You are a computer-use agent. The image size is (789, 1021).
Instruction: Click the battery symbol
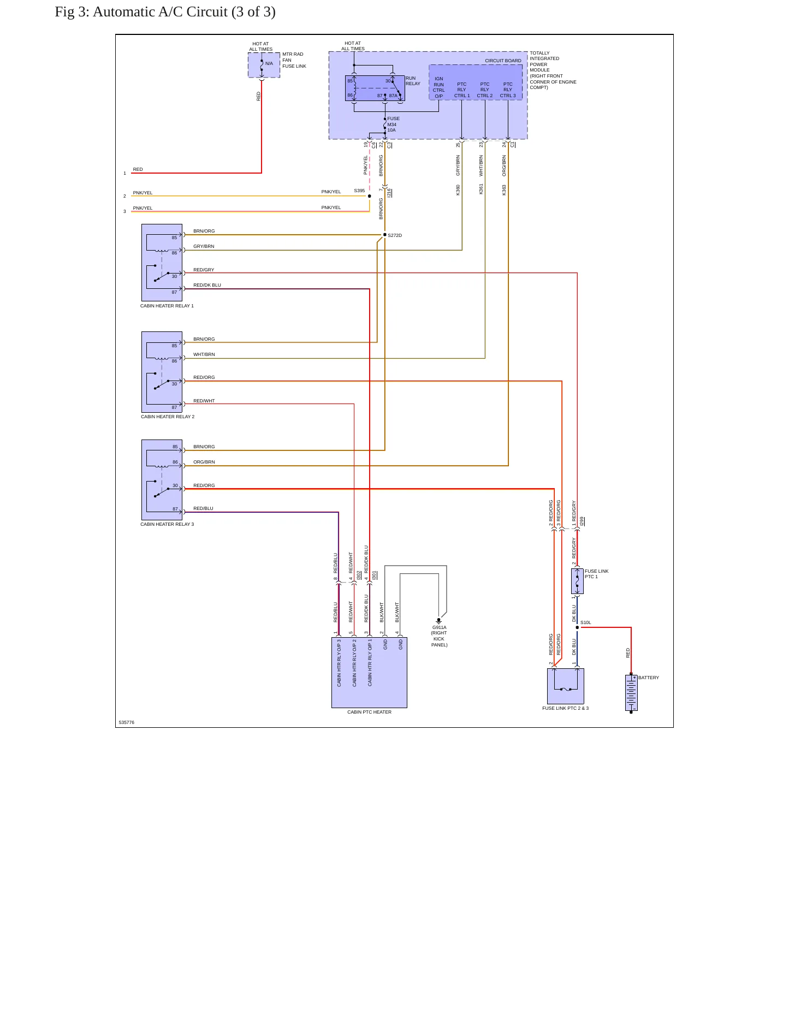[x=631, y=693]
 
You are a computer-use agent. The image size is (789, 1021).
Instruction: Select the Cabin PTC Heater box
[x=369, y=672]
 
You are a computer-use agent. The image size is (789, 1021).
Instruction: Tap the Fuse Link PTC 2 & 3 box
[x=566, y=686]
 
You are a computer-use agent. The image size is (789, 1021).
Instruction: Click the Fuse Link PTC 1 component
[x=577, y=581]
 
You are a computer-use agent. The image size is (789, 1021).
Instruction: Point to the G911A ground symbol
[x=438, y=621]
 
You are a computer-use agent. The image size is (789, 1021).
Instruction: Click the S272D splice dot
[x=385, y=235]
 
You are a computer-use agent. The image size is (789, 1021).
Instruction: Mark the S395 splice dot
[x=370, y=196]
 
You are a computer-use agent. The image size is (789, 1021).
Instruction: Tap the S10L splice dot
[x=577, y=627]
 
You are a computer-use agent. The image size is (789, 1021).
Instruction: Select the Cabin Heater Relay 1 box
[x=162, y=263]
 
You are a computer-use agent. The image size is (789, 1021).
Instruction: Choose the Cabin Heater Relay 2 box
[x=162, y=372]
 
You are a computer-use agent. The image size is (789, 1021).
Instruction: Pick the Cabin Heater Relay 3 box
[x=162, y=480]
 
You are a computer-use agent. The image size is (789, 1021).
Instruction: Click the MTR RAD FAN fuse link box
[x=264, y=65]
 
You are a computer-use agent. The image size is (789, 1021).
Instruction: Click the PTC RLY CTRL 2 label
[x=485, y=90]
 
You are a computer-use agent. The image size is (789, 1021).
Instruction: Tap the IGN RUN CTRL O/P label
[x=439, y=87]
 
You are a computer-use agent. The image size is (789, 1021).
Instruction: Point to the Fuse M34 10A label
[x=393, y=124]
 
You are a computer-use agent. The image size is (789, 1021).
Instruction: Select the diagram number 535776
[x=127, y=722]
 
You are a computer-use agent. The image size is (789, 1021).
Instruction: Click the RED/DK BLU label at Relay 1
[x=207, y=285]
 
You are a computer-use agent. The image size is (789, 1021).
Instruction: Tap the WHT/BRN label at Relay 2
[x=204, y=354]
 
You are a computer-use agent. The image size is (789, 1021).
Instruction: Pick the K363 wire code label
[x=504, y=190]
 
